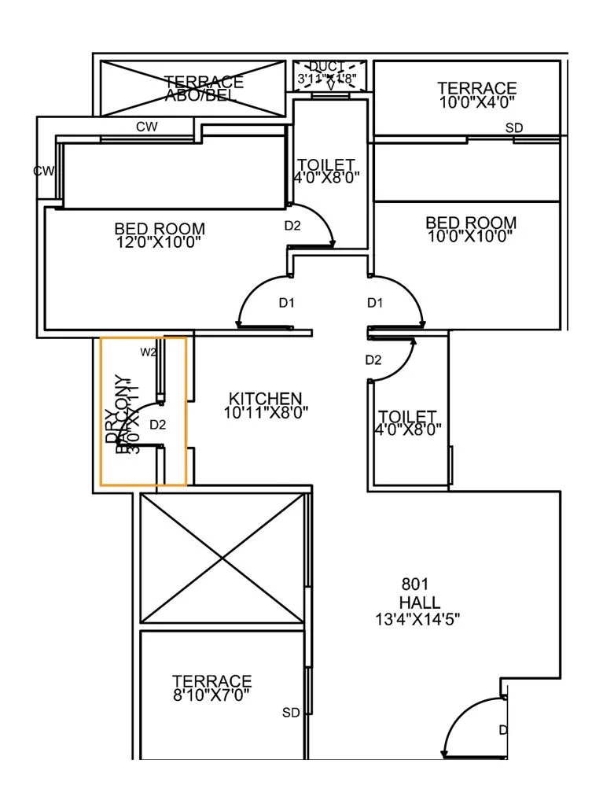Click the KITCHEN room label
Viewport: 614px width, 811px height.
(x=265, y=397)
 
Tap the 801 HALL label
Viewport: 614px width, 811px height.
(x=418, y=594)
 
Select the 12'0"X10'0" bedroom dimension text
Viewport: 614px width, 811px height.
(x=159, y=242)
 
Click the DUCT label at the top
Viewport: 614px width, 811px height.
(x=325, y=66)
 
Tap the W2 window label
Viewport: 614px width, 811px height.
(x=147, y=351)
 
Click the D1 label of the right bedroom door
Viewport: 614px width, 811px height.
(x=375, y=303)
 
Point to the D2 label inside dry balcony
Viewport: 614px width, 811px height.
(x=158, y=425)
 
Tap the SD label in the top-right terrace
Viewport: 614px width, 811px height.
(x=514, y=127)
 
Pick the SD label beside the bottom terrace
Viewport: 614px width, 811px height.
(x=291, y=713)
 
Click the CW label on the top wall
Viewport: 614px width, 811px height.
(x=146, y=127)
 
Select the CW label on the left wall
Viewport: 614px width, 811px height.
(x=42, y=171)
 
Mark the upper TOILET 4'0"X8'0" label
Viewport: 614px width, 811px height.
(x=327, y=171)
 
